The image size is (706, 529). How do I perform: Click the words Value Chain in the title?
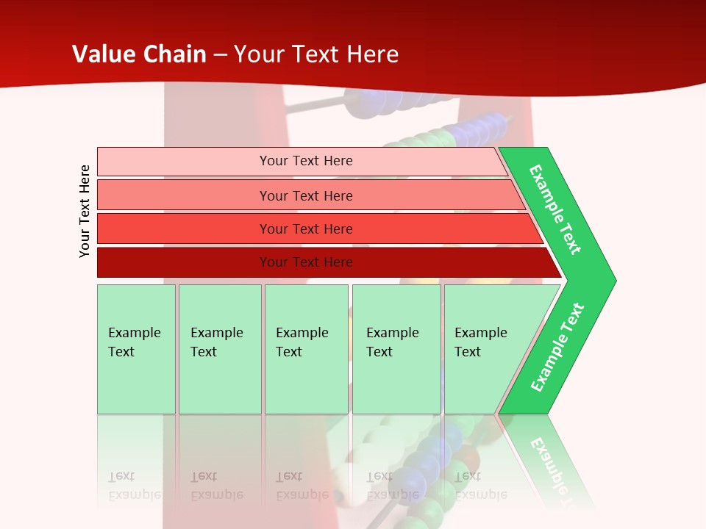point(139,54)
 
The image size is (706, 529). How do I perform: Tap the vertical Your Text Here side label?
point(85,211)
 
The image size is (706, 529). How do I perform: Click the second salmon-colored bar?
point(305,195)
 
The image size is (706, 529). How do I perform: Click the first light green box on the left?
point(136,349)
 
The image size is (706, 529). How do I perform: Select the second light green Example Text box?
point(219,349)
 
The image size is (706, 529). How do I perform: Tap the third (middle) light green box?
point(306,349)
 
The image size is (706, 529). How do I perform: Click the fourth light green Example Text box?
point(396,349)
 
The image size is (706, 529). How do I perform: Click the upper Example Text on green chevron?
point(555,210)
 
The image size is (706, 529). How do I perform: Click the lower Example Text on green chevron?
point(557,347)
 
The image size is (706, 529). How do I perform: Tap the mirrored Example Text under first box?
point(135,485)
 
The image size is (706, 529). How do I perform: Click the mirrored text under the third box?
point(302,485)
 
